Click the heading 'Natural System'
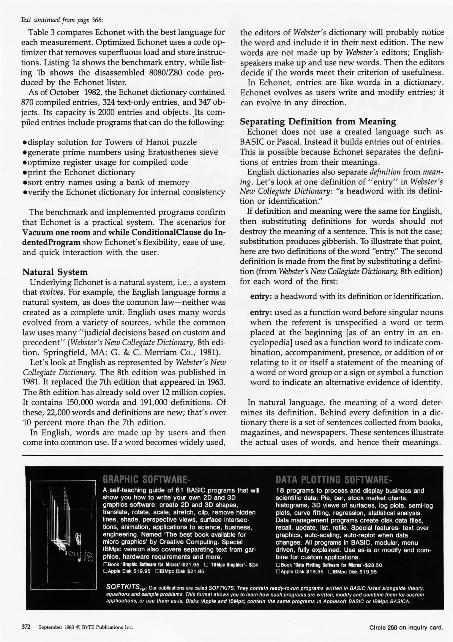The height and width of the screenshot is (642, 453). tap(55, 272)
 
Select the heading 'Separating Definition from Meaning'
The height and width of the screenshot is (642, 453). tap(318, 122)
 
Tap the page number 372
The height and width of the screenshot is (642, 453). tap(26, 627)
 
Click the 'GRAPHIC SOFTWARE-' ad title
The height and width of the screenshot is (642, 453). tap(146, 480)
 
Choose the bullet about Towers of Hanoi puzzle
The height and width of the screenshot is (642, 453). tap(110, 142)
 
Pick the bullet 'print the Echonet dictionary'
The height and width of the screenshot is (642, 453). tap(79, 172)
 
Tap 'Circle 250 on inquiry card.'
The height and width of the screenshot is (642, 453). tap(406, 627)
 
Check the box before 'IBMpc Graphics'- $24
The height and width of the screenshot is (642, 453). tap(206, 564)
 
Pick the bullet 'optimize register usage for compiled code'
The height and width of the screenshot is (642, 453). tap(105, 162)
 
